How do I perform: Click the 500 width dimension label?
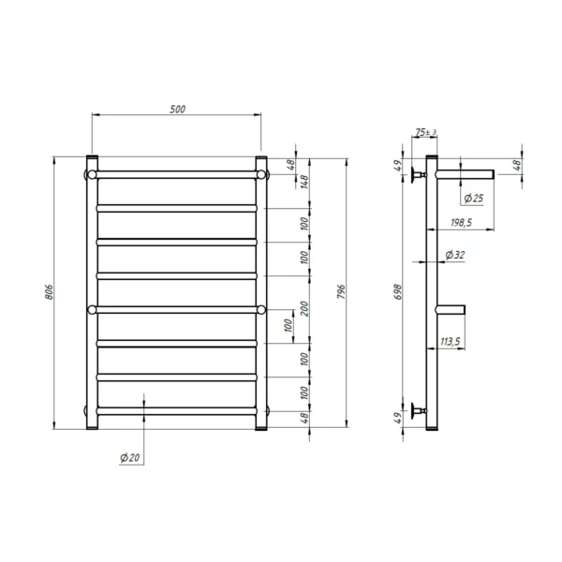pyautogui.click(x=177, y=109)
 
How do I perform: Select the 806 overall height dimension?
pyautogui.click(x=49, y=292)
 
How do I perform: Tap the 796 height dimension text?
pyautogui.click(x=341, y=292)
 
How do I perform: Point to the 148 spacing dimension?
pyautogui.click(x=303, y=182)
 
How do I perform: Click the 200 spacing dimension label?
pyautogui.click(x=303, y=308)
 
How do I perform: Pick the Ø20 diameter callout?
pyautogui.click(x=130, y=458)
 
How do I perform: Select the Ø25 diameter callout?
pyautogui.click(x=473, y=199)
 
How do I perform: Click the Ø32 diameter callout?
pyautogui.click(x=455, y=255)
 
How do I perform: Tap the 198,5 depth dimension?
pyautogui.click(x=461, y=223)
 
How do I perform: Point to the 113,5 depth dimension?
pyautogui.click(x=450, y=342)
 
